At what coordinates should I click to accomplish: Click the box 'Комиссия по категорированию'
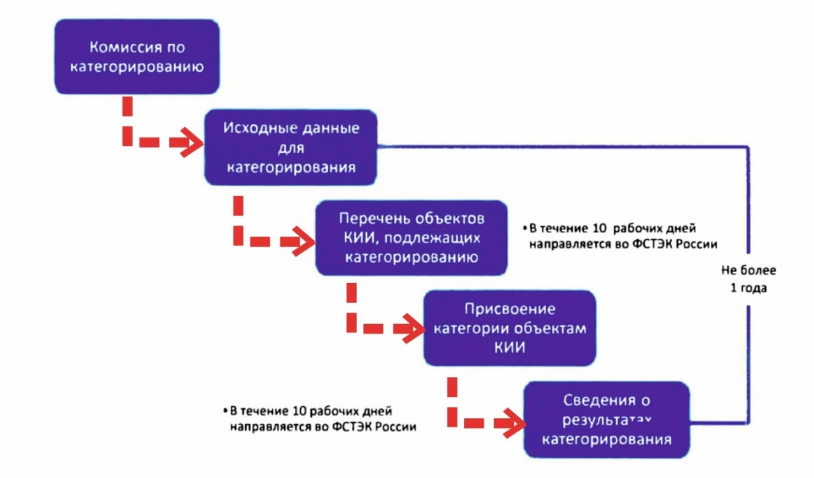point(137,57)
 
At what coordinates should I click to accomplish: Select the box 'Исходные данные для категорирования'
point(291,147)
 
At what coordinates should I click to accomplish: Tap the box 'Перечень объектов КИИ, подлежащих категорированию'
point(411,238)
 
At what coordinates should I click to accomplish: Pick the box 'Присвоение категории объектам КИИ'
point(510,328)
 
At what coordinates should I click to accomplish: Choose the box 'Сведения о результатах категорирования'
point(607,420)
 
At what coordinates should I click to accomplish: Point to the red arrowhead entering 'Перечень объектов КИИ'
point(304,242)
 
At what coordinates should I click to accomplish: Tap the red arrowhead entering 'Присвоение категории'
point(413,329)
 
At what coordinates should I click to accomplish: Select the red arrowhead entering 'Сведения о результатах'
point(514,423)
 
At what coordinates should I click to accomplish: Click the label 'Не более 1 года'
point(748,279)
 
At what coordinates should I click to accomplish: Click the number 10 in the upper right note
point(600,228)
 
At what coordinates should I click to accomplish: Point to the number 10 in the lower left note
point(300,411)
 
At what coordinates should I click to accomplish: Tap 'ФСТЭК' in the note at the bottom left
point(352,427)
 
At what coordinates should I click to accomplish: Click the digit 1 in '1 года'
point(734,288)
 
